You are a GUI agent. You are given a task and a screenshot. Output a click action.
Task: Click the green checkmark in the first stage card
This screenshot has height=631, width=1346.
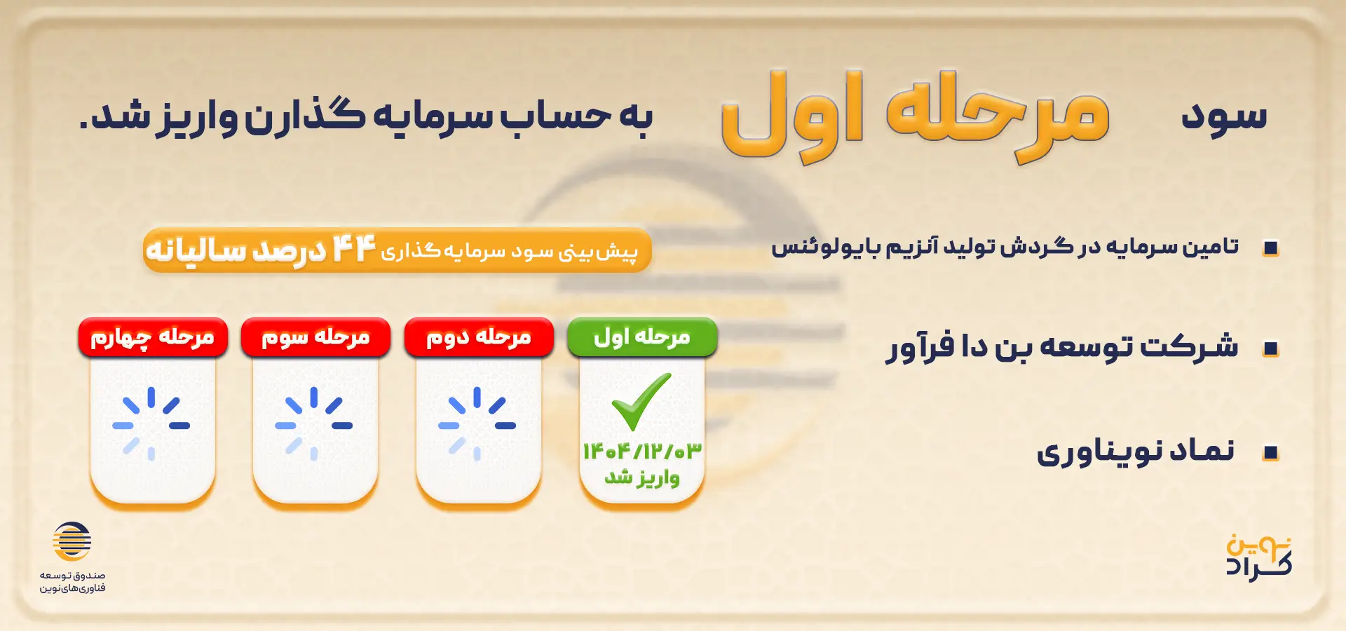(x=641, y=402)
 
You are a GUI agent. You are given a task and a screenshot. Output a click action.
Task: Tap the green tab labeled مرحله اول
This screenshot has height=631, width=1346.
(x=642, y=337)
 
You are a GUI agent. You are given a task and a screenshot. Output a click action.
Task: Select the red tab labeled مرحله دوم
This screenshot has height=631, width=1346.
(x=479, y=337)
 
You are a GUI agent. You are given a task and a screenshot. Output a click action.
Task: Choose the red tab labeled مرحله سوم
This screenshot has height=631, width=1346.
(x=315, y=337)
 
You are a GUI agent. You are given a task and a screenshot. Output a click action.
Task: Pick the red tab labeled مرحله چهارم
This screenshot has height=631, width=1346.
(x=153, y=337)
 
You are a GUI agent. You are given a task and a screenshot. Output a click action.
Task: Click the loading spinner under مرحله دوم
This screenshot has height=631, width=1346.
(x=477, y=424)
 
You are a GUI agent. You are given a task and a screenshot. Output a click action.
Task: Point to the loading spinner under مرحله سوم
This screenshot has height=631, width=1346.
(x=314, y=424)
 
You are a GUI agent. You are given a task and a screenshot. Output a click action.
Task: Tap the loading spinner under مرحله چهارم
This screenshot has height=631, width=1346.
(x=151, y=424)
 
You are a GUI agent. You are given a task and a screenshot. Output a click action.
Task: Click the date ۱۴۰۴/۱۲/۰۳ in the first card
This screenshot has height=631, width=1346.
(x=642, y=451)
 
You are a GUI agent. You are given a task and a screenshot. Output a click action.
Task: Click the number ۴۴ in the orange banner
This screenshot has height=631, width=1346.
(x=354, y=249)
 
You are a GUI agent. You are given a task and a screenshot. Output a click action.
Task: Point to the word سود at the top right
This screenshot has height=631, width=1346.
(x=1224, y=116)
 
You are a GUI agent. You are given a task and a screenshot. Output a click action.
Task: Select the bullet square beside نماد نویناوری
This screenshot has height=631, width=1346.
(x=1270, y=454)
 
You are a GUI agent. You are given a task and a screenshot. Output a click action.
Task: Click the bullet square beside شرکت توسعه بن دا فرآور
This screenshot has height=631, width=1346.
(x=1270, y=349)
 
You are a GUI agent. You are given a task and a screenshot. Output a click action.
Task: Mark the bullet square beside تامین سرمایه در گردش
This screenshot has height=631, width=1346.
(x=1270, y=248)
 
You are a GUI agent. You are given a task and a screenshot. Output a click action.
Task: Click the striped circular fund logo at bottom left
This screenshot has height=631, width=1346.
(x=72, y=541)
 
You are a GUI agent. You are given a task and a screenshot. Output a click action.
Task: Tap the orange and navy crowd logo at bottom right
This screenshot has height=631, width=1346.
(x=1259, y=557)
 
